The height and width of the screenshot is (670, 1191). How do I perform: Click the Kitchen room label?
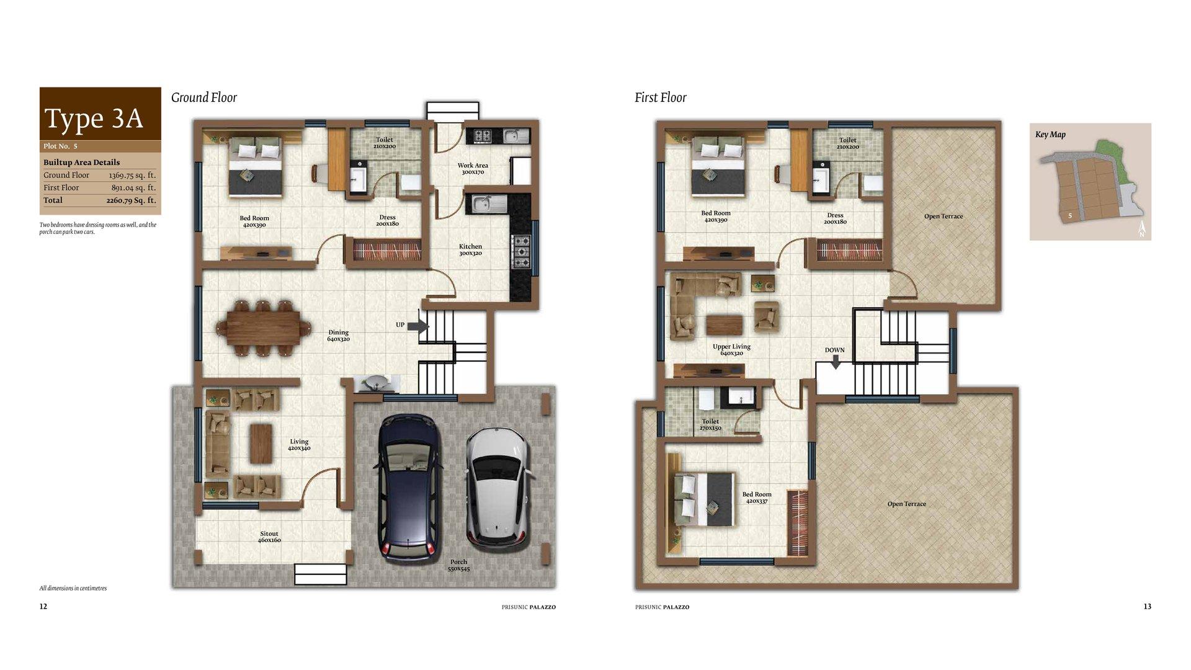470,250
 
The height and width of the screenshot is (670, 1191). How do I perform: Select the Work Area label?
473,169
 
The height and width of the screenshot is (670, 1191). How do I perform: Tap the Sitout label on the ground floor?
269,537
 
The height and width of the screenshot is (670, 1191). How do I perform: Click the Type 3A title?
94,118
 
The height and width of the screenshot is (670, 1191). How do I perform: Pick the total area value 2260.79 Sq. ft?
131,200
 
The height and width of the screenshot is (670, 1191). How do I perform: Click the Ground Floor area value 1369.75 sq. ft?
132,176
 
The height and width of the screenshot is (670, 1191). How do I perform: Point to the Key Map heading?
1050,135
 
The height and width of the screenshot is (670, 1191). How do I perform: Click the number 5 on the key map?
1070,216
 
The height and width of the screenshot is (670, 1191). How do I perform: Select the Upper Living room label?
731,350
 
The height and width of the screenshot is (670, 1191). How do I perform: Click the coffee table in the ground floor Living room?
261,443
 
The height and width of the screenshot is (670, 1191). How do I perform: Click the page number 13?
1148,607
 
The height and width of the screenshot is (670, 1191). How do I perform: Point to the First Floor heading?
661,97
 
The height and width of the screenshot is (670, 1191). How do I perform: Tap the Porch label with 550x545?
459,565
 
